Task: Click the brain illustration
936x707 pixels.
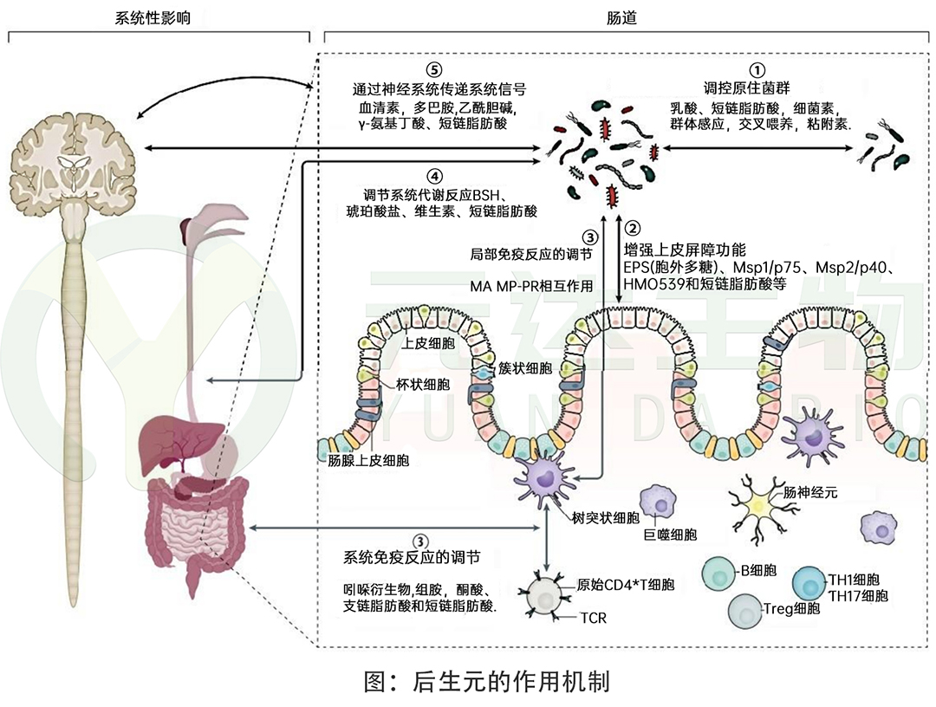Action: coord(73,152)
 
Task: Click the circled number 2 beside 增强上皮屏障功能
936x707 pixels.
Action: coord(634,230)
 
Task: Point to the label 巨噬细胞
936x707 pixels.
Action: coord(669,535)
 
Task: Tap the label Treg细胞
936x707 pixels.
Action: coord(790,608)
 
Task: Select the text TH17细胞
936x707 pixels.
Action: coord(858,595)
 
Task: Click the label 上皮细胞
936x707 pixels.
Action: coord(424,343)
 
